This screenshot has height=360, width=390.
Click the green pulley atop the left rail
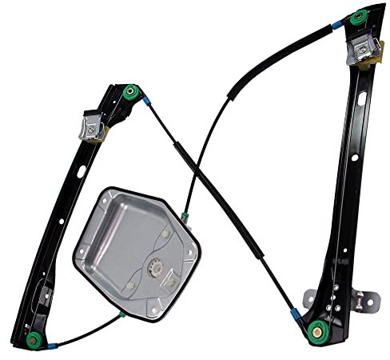[x=131, y=92]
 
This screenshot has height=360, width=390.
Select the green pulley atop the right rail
[x=359, y=16]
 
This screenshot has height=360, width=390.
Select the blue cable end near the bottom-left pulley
[x=53, y=346]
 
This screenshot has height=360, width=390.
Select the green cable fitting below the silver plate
[x=122, y=314]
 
